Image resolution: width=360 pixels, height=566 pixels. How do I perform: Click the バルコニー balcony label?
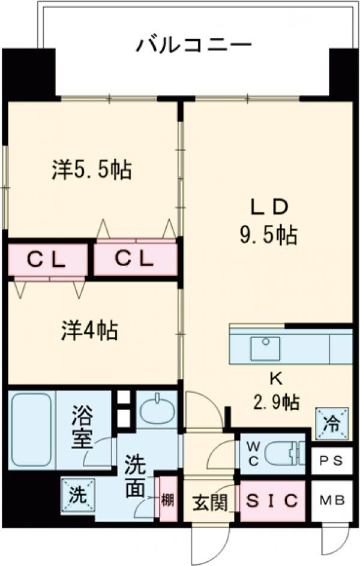pos(193,44)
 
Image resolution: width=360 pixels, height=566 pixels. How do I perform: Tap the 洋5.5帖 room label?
pos(92,170)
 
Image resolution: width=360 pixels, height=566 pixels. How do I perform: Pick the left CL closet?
pos(47,259)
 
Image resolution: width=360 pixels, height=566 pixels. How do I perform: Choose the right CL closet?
pos(135,259)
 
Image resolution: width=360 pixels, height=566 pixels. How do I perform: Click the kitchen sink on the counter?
pos(265,348)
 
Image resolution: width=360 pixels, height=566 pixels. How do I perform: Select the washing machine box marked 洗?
pos(76,495)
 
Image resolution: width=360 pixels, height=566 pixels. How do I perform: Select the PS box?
pos(331,462)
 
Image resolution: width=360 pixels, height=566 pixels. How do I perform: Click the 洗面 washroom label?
pos(135,477)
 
